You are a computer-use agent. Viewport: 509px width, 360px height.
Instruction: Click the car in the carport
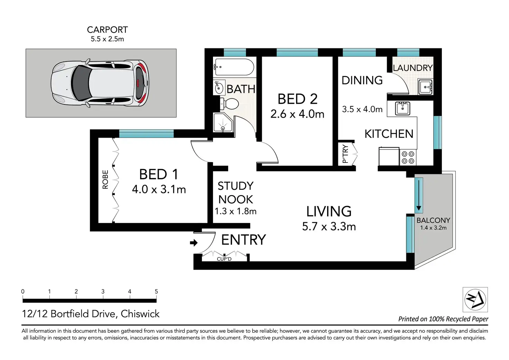point(100,83)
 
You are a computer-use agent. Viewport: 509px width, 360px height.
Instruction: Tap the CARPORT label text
point(107,30)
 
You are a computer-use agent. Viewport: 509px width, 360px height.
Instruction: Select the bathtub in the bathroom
point(234,67)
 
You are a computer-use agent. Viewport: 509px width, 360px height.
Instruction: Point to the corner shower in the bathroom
point(223,122)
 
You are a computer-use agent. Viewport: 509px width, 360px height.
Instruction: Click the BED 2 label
point(297,99)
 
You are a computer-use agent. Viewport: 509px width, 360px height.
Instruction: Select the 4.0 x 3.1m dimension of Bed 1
point(159,189)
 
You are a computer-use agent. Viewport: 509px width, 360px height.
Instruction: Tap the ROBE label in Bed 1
point(105,179)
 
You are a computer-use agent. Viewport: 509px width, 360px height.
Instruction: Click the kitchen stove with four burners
point(408,157)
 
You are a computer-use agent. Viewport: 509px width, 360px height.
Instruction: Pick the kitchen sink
point(402,108)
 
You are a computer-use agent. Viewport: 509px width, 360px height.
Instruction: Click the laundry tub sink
point(426,87)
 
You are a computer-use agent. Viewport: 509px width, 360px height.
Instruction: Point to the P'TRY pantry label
point(345,154)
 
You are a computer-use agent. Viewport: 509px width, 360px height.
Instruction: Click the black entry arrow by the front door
point(194,243)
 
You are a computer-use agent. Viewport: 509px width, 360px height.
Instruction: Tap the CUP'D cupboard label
point(224,259)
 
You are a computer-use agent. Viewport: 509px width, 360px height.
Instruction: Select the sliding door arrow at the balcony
point(419,195)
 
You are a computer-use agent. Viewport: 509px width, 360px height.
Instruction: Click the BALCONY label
point(433,220)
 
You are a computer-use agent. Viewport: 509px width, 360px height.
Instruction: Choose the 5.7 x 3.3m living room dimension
point(329,227)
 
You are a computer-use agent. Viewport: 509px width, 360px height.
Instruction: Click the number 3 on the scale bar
point(103,292)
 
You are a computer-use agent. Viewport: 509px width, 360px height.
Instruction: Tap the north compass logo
point(475,299)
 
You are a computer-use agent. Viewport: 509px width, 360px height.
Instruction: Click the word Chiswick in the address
point(140,314)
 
